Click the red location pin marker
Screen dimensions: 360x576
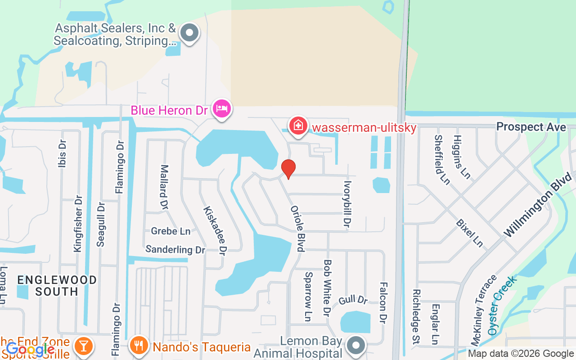[288, 169]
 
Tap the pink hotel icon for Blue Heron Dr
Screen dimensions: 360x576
[222, 109]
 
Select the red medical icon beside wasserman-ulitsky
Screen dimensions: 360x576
[298, 126]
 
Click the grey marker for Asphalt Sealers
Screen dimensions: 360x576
[189, 33]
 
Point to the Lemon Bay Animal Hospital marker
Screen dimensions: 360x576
[357, 346]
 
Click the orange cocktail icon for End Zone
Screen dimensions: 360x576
[84, 345]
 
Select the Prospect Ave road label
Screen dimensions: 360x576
[531, 127]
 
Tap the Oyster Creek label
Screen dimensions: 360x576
[502, 306]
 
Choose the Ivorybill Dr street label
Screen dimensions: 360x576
[347, 204]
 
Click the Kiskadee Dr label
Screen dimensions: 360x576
[215, 229]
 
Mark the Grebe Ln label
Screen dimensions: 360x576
[171, 231]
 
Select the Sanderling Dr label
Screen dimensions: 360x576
[175, 249]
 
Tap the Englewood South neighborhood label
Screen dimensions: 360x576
[57, 286]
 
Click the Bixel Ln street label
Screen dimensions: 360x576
[469, 233]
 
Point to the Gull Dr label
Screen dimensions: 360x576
[353, 299]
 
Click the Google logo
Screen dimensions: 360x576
[30, 349]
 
